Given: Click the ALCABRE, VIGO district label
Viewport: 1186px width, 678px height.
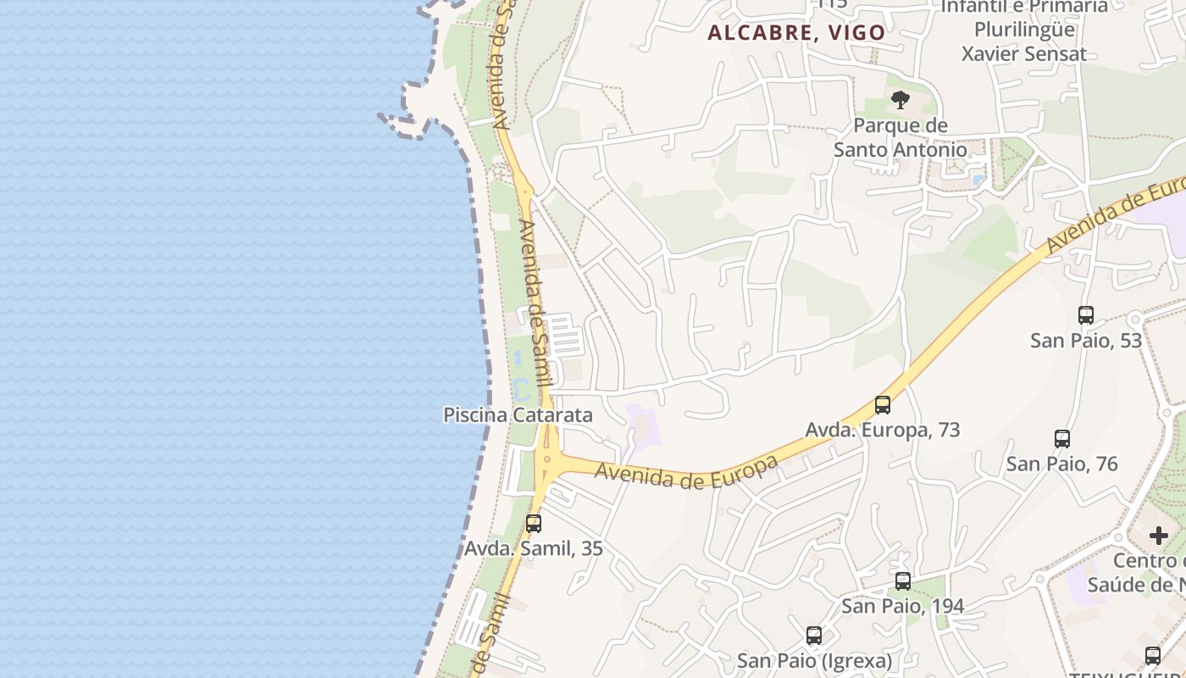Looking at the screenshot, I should (796, 33).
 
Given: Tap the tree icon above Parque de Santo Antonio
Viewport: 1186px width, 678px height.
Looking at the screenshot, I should (900, 101).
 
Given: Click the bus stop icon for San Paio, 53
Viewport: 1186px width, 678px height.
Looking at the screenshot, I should (1086, 315).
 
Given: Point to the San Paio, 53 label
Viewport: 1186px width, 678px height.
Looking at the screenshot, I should (1086, 341).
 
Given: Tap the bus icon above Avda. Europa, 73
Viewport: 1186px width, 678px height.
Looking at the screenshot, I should (883, 405).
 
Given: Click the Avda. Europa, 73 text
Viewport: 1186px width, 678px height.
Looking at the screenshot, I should (883, 430).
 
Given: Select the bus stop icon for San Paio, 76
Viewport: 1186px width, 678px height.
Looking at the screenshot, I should (1062, 439).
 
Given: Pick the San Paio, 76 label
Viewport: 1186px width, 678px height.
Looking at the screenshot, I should (1062, 464).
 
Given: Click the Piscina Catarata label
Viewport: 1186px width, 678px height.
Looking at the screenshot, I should (518, 415).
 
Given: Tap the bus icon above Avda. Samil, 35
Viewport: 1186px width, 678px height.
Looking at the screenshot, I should (533, 524).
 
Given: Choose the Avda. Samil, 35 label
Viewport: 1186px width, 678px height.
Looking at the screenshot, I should (533, 548).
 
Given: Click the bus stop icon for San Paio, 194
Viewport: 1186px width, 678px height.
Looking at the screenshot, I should (903, 581).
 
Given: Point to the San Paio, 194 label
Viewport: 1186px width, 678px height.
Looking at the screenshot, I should (903, 606).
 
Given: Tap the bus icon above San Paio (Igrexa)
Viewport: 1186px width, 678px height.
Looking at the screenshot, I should (814, 636).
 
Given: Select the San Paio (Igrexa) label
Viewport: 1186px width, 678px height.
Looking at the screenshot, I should (814, 660).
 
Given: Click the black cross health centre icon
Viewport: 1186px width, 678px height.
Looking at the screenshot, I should (1159, 536).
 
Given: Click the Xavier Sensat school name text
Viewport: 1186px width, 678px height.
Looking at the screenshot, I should (1023, 54).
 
